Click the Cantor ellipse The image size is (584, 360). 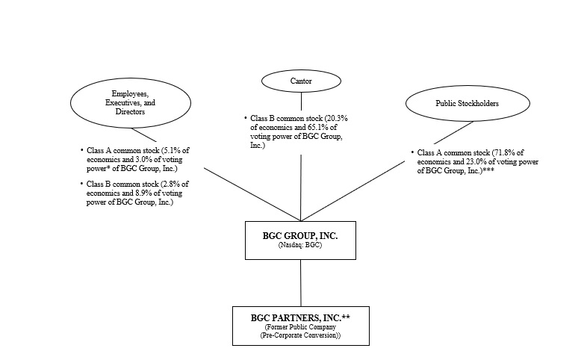pos(301,80)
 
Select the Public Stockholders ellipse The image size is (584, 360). pos(456,103)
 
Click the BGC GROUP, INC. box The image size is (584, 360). pos(300,240)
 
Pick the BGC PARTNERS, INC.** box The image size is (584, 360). pos(300,326)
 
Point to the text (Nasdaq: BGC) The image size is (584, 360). pos(300,246)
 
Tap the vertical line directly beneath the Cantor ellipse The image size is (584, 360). pos(301,101)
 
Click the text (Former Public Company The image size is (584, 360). pos(300,327)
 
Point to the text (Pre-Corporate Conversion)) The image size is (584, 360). pos(300,336)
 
